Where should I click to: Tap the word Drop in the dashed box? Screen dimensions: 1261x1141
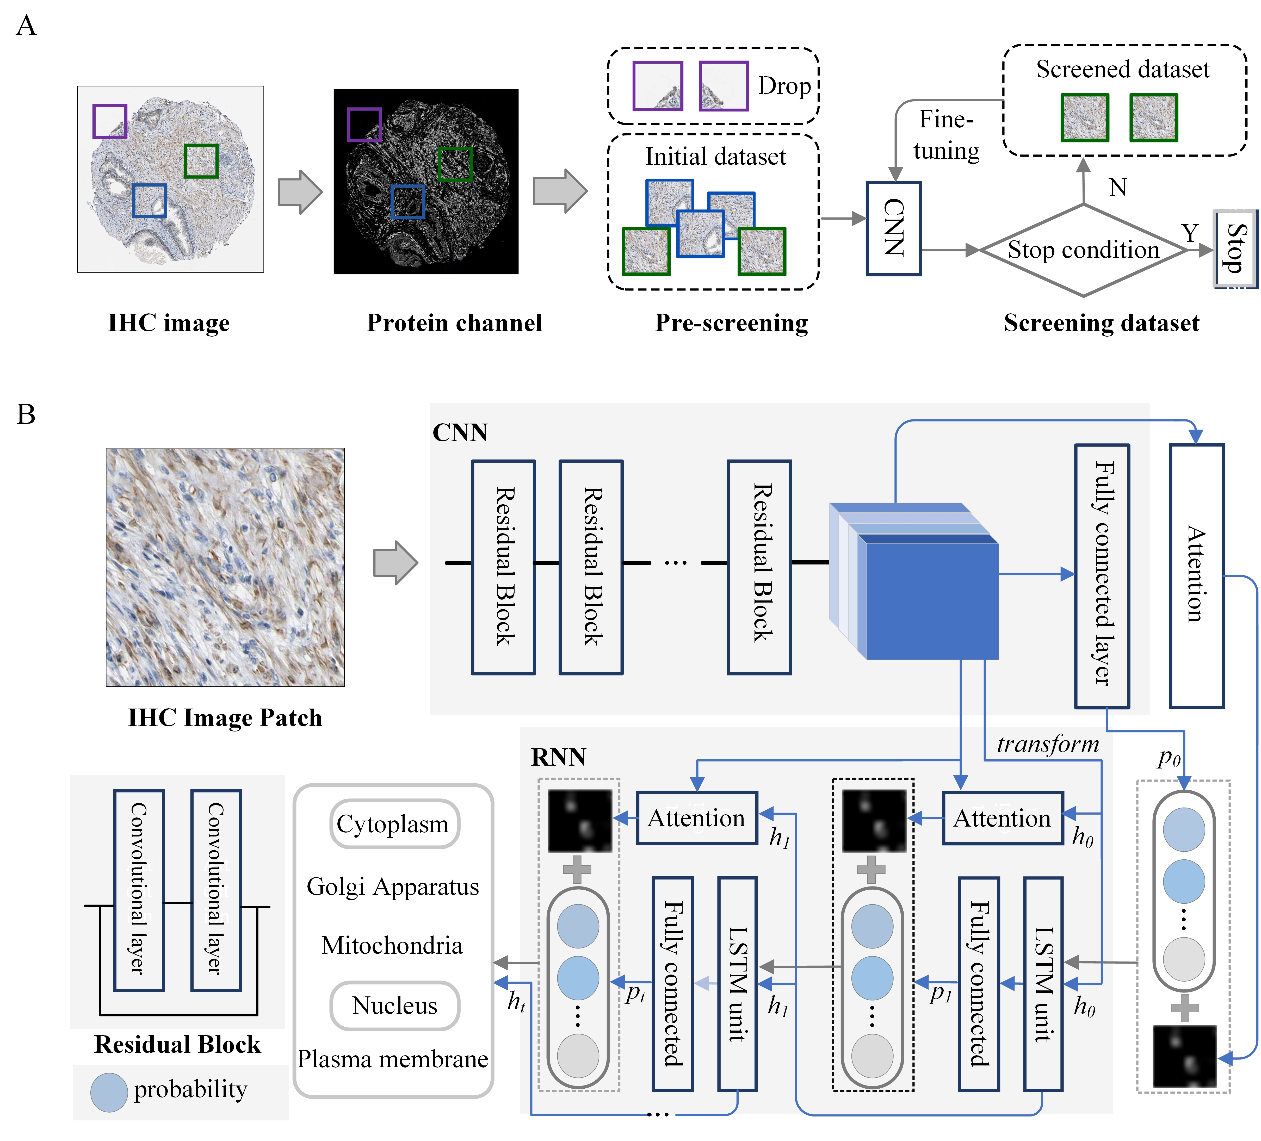pos(784,86)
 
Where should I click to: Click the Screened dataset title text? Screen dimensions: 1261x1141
pos(1123,69)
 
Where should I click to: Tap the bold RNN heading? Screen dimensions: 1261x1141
pos(559,757)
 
